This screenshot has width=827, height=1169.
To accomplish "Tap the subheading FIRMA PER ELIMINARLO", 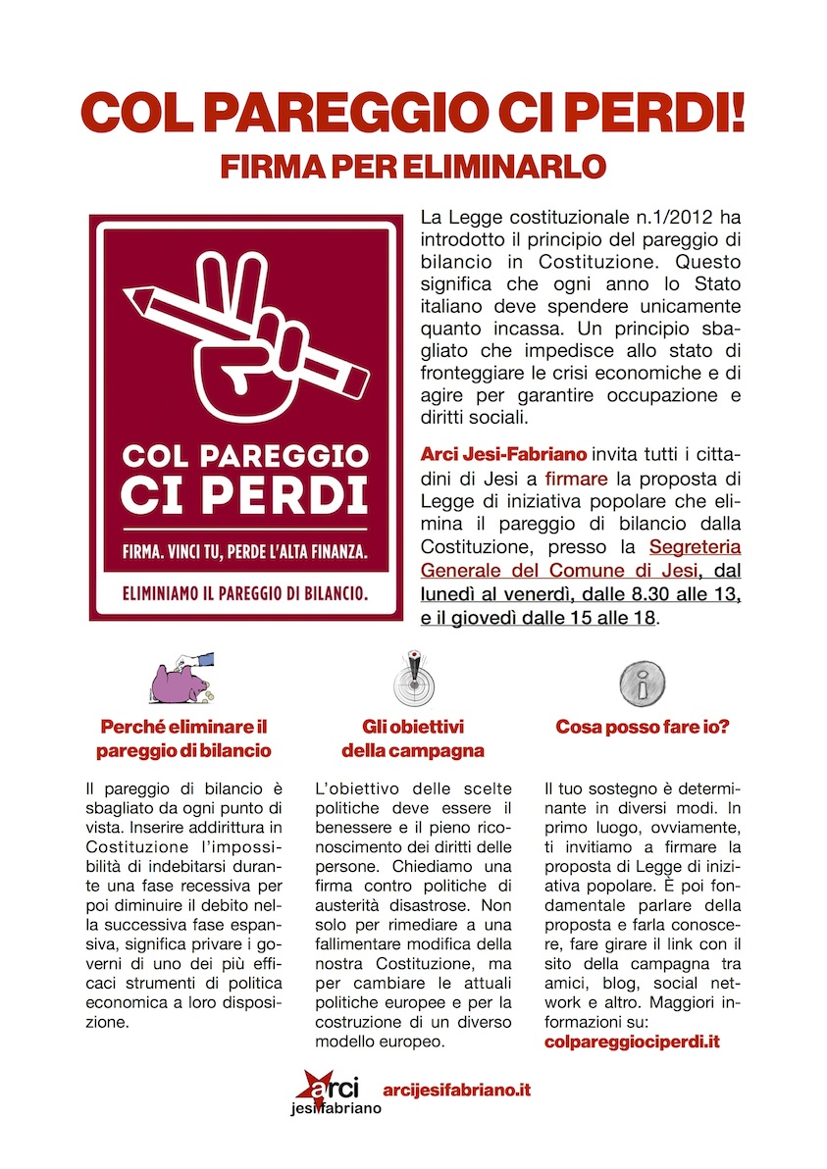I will coord(413,166).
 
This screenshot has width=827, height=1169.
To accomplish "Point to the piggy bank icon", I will coord(181,681).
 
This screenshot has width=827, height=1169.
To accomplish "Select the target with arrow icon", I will coord(412,678).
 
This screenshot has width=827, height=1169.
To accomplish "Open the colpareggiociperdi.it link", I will coord(632,1042).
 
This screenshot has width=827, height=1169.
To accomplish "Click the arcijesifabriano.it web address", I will coord(457,1091).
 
